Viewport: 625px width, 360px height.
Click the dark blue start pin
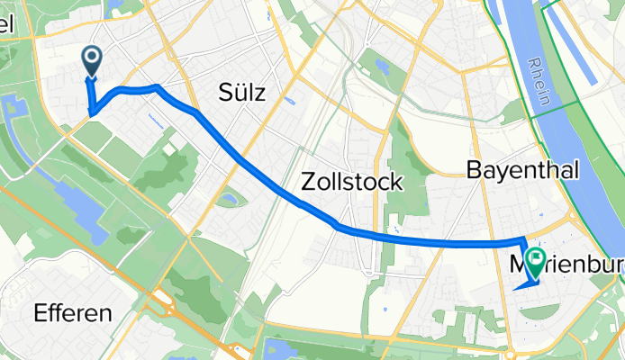(x=93, y=59)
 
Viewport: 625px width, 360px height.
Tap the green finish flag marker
(x=536, y=262)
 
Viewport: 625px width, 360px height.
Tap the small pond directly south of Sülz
(x=229, y=198)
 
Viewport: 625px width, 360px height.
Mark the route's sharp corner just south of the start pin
(x=91, y=112)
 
